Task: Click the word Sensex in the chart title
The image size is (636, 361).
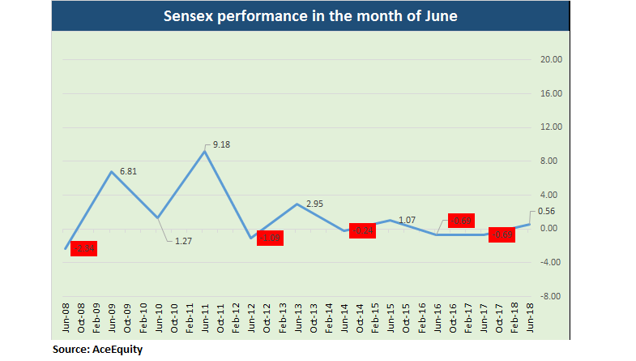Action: point(189,16)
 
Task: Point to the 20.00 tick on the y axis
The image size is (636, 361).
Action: point(551,60)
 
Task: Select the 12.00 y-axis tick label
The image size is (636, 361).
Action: point(551,127)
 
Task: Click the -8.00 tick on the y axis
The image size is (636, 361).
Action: point(551,296)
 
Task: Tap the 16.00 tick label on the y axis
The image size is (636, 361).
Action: point(551,94)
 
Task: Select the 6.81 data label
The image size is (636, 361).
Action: point(127,172)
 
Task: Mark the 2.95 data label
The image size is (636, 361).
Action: point(314,204)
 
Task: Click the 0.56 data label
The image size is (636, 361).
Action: point(547,211)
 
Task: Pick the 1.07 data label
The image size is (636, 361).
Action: point(408,220)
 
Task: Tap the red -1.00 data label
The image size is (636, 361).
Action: point(270,239)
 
